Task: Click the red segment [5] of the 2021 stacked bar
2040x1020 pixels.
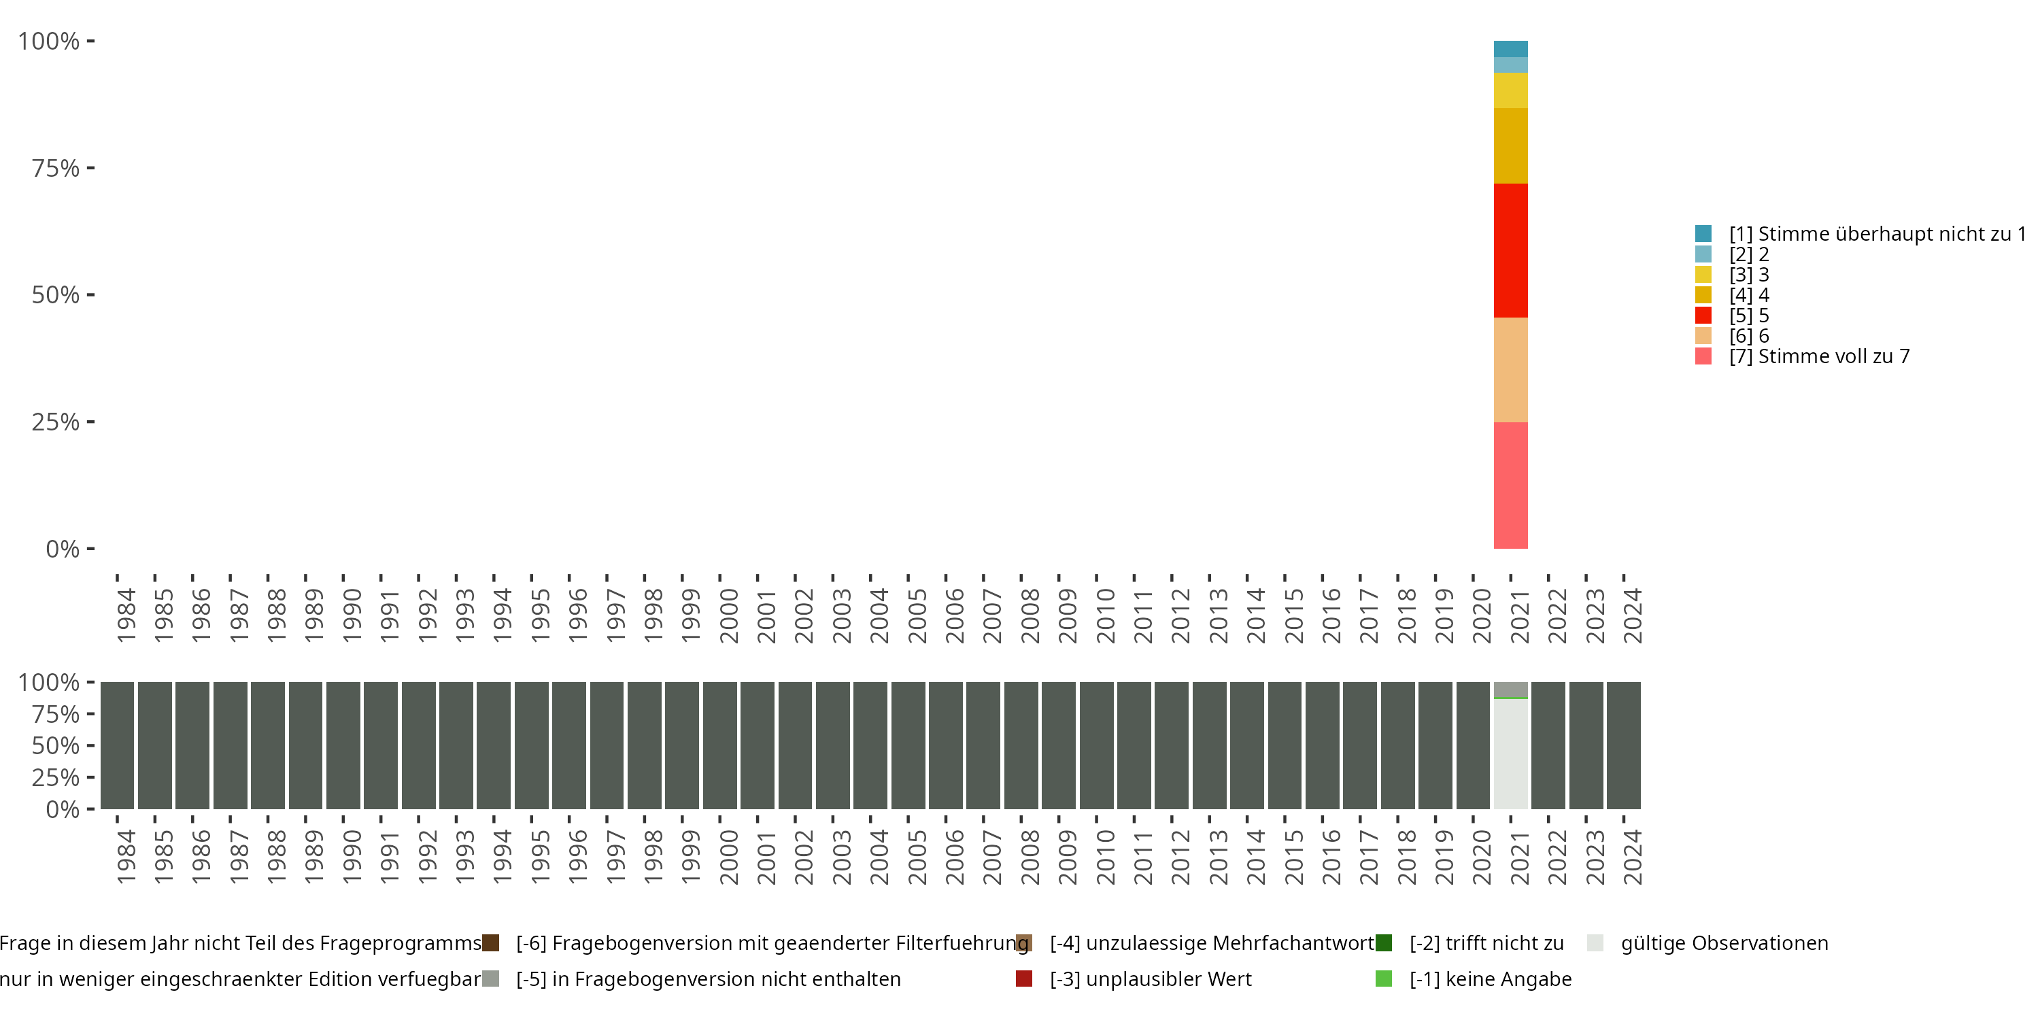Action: pyautogui.click(x=1510, y=250)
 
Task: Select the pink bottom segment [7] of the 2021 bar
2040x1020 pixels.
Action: pyautogui.click(x=1510, y=485)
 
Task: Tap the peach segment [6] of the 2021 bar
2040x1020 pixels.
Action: pyautogui.click(x=1510, y=370)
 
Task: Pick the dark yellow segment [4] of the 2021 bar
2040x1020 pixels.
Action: pyautogui.click(x=1510, y=146)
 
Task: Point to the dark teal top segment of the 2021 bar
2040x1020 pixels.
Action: pyautogui.click(x=1510, y=49)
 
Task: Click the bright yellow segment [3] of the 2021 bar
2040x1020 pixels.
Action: pyautogui.click(x=1510, y=90)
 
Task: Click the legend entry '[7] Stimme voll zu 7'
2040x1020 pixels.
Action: pyautogui.click(x=1819, y=356)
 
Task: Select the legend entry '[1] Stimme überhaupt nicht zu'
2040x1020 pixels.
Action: pyautogui.click(x=1869, y=234)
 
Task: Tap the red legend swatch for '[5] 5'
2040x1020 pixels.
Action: pyautogui.click(x=1703, y=316)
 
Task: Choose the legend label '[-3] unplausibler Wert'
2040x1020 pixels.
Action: pyautogui.click(x=1151, y=979)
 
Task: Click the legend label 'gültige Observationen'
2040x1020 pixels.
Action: pyautogui.click(x=1724, y=943)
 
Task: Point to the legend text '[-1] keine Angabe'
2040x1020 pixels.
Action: pyautogui.click(x=1491, y=979)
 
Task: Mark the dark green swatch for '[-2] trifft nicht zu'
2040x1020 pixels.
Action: pyautogui.click(x=1384, y=943)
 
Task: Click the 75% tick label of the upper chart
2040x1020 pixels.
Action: pyautogui.click(x=56, y=168)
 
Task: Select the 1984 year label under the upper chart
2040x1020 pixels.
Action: pyautogui.click(x=126, y=615)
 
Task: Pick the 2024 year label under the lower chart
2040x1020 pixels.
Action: pyautogui.click(x=1632, y=857)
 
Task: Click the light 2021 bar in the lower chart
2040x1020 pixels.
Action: pyautogui.click(x=1510, y=752)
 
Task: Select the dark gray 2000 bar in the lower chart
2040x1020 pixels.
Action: pyautogui.click(x=720, y=745)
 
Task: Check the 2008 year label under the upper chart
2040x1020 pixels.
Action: pyautogui.click(x=1030, y=615)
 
